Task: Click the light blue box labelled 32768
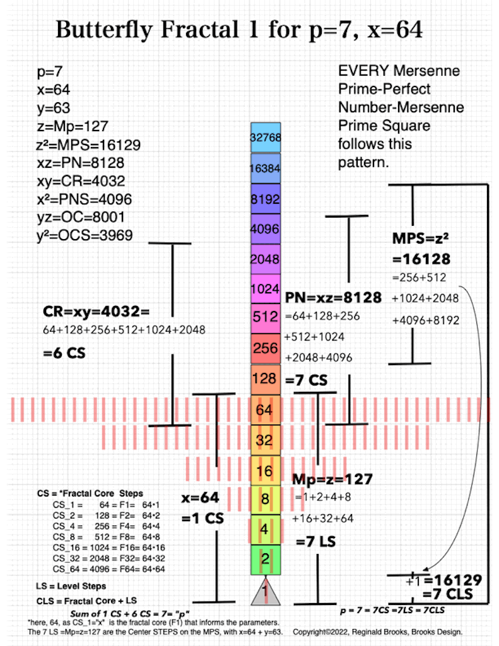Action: (265, 138)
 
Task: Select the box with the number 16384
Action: (265, 168)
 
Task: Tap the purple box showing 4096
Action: (265, 229)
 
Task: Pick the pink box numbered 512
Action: (265, 317)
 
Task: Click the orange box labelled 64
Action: (264, 410)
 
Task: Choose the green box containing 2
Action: (265, 558)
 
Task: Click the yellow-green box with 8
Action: (265, 500)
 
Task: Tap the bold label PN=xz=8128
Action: (333, 298)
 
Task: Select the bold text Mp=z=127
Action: (332, 479)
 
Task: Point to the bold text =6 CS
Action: (64, 353)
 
